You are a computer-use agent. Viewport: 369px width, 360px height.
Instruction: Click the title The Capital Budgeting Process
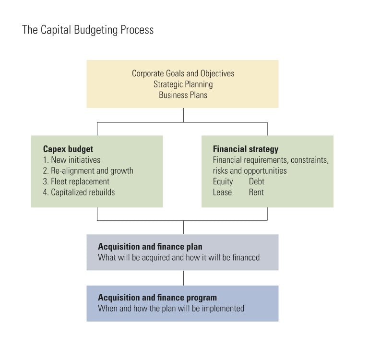(88, 30)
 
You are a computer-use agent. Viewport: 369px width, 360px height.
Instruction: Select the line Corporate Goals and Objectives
(183, 73)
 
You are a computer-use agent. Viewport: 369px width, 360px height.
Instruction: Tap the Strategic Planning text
(183, 84)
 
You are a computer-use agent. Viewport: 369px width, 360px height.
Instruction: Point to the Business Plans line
(183, 95)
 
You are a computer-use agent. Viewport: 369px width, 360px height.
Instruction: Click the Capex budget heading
(68, 149)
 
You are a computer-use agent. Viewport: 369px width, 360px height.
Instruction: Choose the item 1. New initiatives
(71, 160)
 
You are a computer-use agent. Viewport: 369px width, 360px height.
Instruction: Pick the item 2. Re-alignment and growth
(88, 170)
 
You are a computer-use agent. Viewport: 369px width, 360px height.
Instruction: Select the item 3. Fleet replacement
(76, 181)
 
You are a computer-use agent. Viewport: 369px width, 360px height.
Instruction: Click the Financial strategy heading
(245, 149)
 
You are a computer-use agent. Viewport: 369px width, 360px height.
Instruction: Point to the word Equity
(223, 181)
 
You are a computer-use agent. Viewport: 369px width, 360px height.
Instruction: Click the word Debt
(257, 181)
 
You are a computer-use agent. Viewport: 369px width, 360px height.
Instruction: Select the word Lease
(222, 192)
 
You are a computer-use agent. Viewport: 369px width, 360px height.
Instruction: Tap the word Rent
(256, 192)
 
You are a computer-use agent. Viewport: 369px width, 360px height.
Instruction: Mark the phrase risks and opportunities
(250, 170)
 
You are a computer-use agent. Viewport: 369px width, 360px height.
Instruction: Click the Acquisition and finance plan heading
(150, 247)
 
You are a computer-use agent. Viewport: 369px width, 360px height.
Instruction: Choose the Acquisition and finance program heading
(157, 298)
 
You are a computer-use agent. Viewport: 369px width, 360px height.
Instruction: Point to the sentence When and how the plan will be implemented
(171, 308)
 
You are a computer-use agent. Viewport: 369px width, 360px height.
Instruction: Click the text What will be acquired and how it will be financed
(179, 257)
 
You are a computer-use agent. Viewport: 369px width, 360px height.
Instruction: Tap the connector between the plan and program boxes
(183, 278)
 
